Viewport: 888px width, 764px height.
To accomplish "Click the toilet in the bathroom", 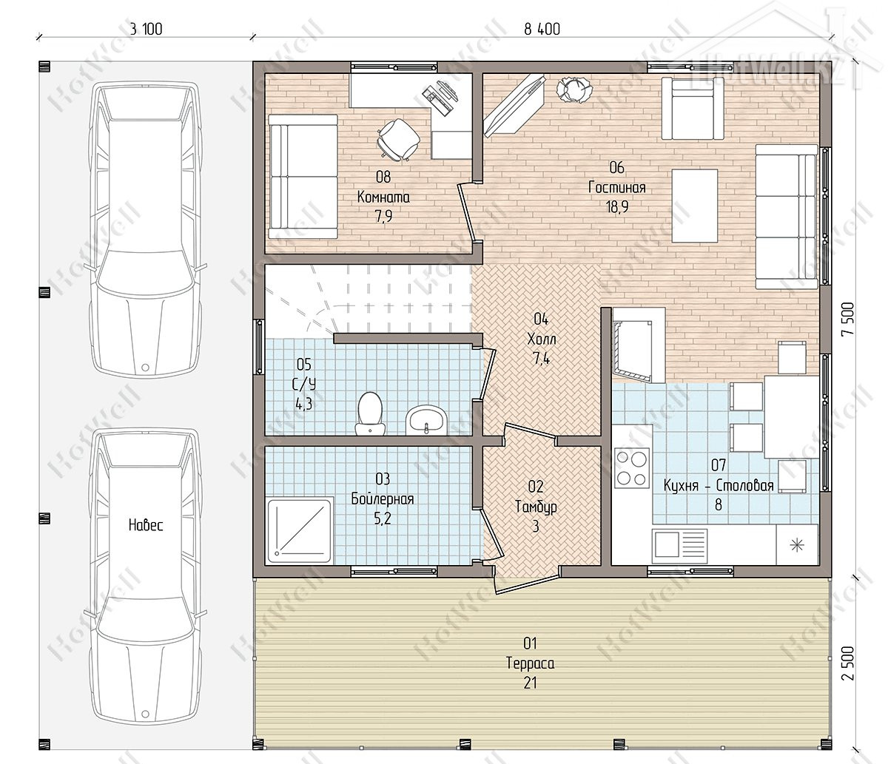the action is coord(369,413).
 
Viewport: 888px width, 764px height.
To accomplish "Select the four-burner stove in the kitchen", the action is coord(631,467).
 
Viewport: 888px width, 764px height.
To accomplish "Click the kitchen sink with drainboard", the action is coord(679,546).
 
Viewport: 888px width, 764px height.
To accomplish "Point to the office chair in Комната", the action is coord(398,139).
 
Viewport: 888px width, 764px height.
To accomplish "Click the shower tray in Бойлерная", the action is coord(300,531).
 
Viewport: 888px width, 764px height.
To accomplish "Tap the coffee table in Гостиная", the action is coord(695,206).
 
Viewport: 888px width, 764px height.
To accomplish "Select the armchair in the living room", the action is coord(693,108).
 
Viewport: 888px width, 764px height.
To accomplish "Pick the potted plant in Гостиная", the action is coord(574,89).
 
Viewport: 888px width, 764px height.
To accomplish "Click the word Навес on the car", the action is coord(146,525).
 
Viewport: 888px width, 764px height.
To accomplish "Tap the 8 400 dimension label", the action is coord(542,29).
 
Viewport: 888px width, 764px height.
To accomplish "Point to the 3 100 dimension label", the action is coord(146,29).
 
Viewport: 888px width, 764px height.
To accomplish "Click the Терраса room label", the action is coord(530,663).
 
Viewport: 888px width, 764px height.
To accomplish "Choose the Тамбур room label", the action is coord(536,507).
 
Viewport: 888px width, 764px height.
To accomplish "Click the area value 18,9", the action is coord(617,207).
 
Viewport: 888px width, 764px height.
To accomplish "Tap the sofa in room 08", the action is coord(303,176).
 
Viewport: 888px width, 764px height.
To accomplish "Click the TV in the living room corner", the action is coord(515,105).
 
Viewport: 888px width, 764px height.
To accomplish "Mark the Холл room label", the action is coord(541,339).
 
